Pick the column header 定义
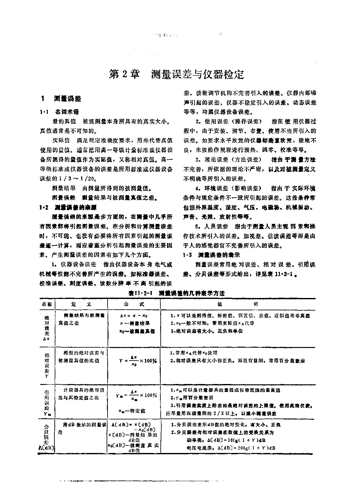pyautogui.click(x=81, y=304)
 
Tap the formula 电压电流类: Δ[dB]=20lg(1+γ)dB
pyautogui.click(x=231, y=448)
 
